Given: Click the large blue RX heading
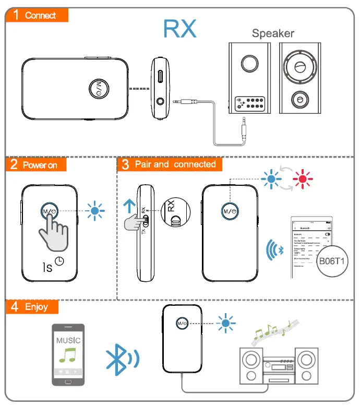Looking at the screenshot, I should tap(180, 29).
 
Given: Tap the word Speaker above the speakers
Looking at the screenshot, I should tap(273, 33).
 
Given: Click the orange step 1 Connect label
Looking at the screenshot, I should tap(37, 15).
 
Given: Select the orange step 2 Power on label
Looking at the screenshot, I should tap(37, 165).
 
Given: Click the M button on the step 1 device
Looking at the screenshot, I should tap(99, 88).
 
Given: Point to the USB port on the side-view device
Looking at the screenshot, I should tap(160, 75).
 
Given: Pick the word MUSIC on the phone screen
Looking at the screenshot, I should tap(68, 340).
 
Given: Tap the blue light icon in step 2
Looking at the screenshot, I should tap(95, 211).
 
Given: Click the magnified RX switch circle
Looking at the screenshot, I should tap(175, 214).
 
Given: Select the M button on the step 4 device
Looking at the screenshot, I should tap(182, 323).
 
